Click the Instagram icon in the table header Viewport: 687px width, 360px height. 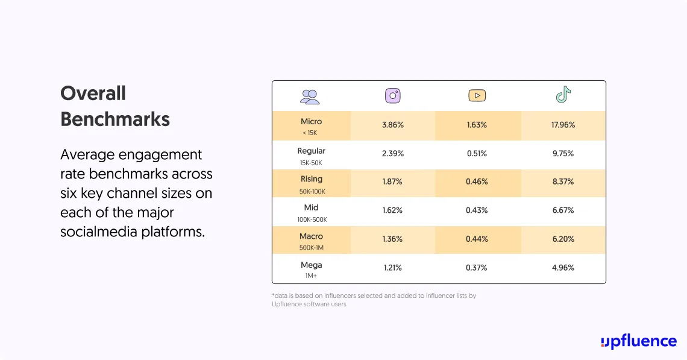click(x=393, y=96)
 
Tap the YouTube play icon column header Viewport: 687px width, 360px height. click(x=477, y=96)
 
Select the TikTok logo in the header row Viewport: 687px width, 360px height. click(x=563, y=95)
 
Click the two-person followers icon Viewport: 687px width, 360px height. click(x=310, y=96)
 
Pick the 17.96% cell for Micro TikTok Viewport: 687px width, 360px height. click(x=563, y=125)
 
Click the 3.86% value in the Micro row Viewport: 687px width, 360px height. click(x=393, y=125)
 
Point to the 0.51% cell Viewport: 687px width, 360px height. click(x=477, y=154)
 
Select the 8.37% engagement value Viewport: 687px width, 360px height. click(x=563, y=182)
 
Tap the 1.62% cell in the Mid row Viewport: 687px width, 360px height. click(x=393, y=210)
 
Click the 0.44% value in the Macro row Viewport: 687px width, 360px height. click(x=477, y=239)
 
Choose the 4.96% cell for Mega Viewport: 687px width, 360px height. click(x=563, y=268)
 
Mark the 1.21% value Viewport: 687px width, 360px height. click(x=393, y=268)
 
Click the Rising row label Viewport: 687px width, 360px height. click(x=311, y=179)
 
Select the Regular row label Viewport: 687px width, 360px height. click(x=311, y=151)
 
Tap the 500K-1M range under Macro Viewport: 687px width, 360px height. click(x=311, y=248)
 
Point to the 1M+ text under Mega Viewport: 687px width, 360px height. click(x=311, y=276)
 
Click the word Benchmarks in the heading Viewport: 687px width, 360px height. click(x=115, y=119)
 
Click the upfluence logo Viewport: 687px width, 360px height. click(x=638, y=341)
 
